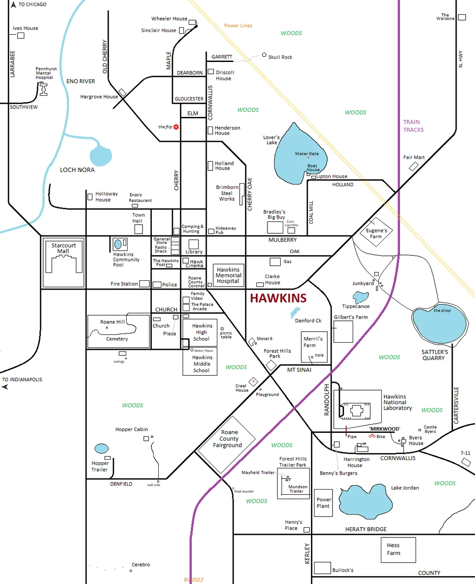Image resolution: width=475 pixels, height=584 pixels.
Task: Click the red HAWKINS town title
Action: (x=278, y=298)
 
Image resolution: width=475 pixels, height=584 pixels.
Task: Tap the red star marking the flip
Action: (x=176, y=127)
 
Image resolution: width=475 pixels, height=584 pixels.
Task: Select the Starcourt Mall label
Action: (x=63, y=248)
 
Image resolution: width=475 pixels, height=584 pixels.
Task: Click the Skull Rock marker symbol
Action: (x=264, y=55)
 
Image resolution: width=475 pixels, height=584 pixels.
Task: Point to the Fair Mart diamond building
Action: (x=413, y=167)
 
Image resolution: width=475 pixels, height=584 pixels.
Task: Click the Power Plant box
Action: (x=324, y=503)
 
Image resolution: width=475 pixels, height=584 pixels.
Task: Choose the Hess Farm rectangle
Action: (x=398, y=550)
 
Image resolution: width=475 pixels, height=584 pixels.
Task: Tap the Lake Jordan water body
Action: (x=365, y=501)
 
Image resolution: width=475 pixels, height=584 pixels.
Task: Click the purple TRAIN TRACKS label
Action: (x=413, y=126)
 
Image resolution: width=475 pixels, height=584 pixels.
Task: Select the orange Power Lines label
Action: (x=238, y=25)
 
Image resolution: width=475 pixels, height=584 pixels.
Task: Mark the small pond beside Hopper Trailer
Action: (x=102, y=448)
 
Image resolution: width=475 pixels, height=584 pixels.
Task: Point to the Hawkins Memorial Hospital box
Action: (x=228, y=276)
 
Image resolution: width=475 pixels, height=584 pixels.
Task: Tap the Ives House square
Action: (x=21, y=36)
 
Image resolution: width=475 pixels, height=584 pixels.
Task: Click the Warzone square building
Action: (x=462, y=18)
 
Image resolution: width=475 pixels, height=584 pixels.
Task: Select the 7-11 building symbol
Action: (x=466, y=462)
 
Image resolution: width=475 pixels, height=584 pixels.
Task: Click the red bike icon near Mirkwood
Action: (x=372, y=436)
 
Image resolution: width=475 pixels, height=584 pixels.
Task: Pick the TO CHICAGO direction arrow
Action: (x=14, y=5)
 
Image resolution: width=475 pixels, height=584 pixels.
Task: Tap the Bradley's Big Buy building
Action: (x=275, y=227)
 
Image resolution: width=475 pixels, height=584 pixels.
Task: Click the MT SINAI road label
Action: (x=299, y=370)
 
